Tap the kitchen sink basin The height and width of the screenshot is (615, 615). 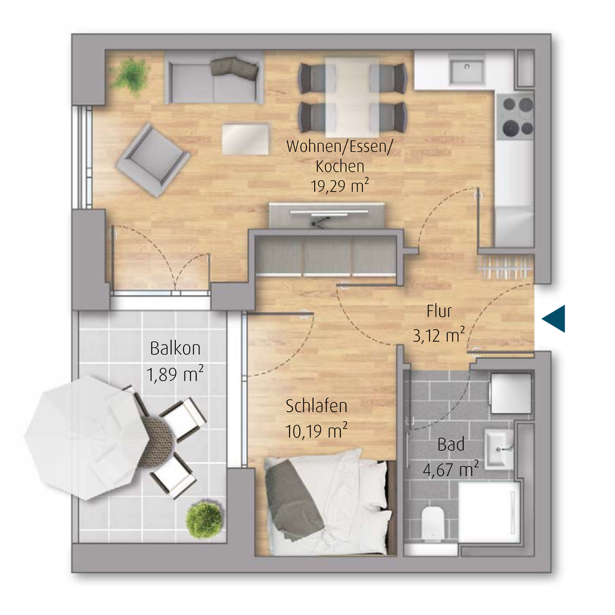pyautogui.click(x=466, y=70)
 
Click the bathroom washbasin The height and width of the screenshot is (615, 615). pyautogui.click(x=499, y=449)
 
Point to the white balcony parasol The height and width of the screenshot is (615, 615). pyautogui.click(x=87, y=437)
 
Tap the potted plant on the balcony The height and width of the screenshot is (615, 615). pyautogui.click(x=203, y=520)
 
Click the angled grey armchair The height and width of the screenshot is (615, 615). pyautogui.click(x=153, y=159)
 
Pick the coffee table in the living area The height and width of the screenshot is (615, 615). pyautogui.click(x=245, y=139)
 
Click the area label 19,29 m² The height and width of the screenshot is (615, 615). pyautogui.click(x=340, y=186)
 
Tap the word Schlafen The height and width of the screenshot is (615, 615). pyautogui.click(x=316, y=406)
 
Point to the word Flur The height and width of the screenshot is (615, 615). pyautogui.click(x=439, y=312)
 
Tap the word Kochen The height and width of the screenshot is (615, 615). pyautogui.click(x=340, y=166)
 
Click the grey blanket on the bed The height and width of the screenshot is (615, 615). pyautogui.click(x=293, y=501)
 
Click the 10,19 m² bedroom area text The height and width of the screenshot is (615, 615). pyautogui.click(x=316, y=431)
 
